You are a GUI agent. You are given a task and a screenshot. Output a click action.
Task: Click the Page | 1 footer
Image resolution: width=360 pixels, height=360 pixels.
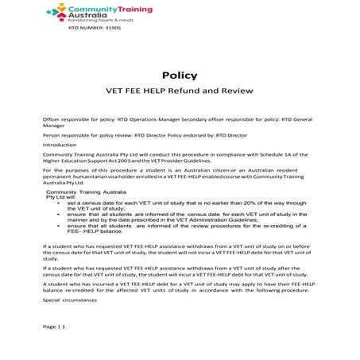coord(54,327)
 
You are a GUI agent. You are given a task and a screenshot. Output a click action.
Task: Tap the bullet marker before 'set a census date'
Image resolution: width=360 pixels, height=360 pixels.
coord(60,204)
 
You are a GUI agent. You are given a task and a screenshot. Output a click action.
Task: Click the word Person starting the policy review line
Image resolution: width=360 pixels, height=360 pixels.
coord(52,135)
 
